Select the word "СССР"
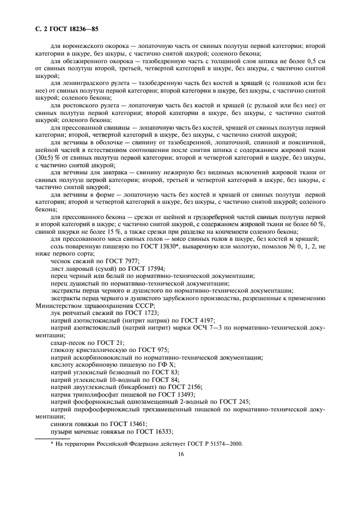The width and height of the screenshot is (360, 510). pos(150,305)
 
